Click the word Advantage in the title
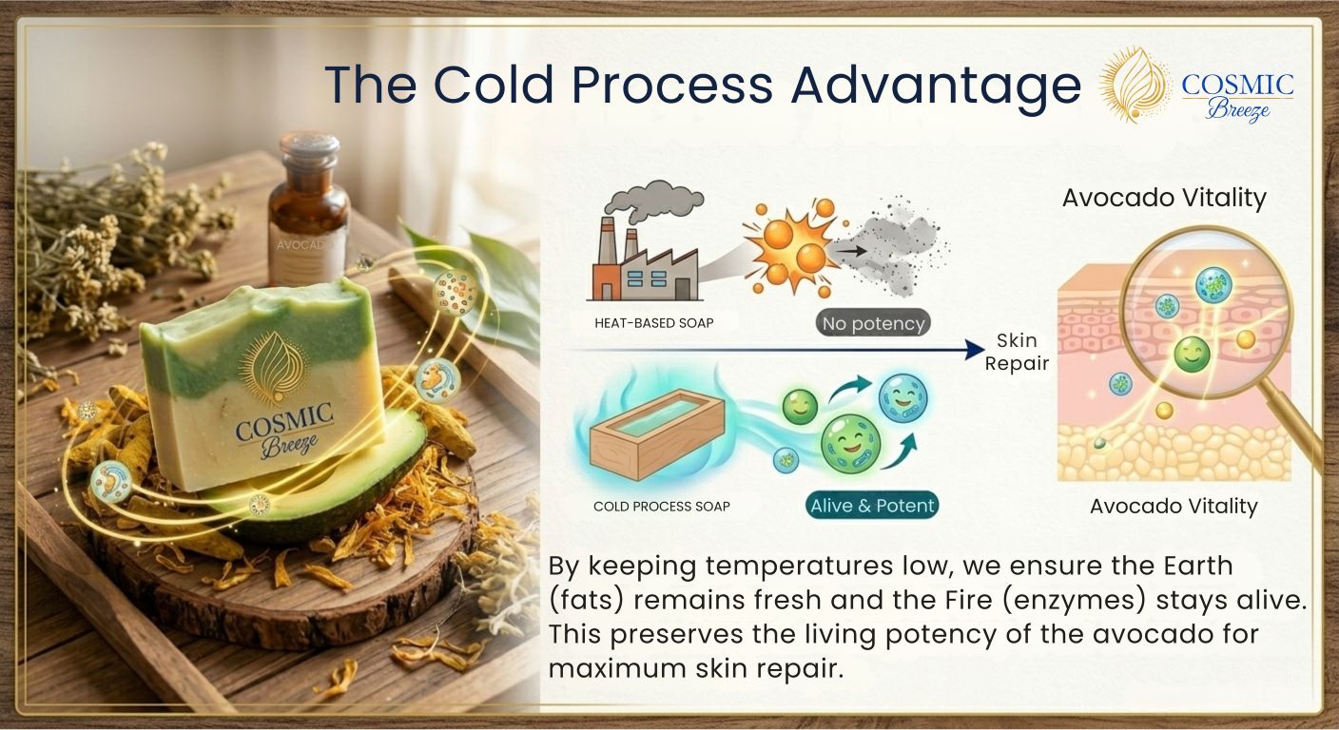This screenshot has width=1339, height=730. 936,86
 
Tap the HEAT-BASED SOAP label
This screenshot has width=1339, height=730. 654,323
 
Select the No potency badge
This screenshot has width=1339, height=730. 873,323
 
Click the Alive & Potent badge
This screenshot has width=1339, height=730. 872,506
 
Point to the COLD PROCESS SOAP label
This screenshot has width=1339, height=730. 662,507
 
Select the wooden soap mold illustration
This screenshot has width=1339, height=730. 657,434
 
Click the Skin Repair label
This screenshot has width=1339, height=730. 1017,352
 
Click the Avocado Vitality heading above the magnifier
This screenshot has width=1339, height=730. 1164,198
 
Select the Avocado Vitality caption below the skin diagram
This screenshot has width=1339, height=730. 1174,507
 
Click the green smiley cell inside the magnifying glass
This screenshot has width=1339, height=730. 1192,355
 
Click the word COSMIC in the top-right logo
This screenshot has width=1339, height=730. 1237,86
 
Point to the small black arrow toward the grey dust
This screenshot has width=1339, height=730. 850,251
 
